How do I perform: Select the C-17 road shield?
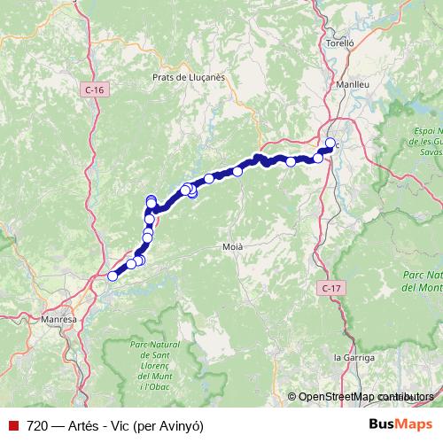click(x=330, y=288)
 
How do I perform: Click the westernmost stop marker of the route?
click(x=113, y=276)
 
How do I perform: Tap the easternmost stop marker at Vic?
click(x=330, y=144)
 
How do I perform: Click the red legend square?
click(x=13, y=424)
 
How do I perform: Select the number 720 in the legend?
click(x=38, y=424)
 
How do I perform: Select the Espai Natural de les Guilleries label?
click(x=429, y=140)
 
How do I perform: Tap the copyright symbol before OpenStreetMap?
click(x=291, y=397)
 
